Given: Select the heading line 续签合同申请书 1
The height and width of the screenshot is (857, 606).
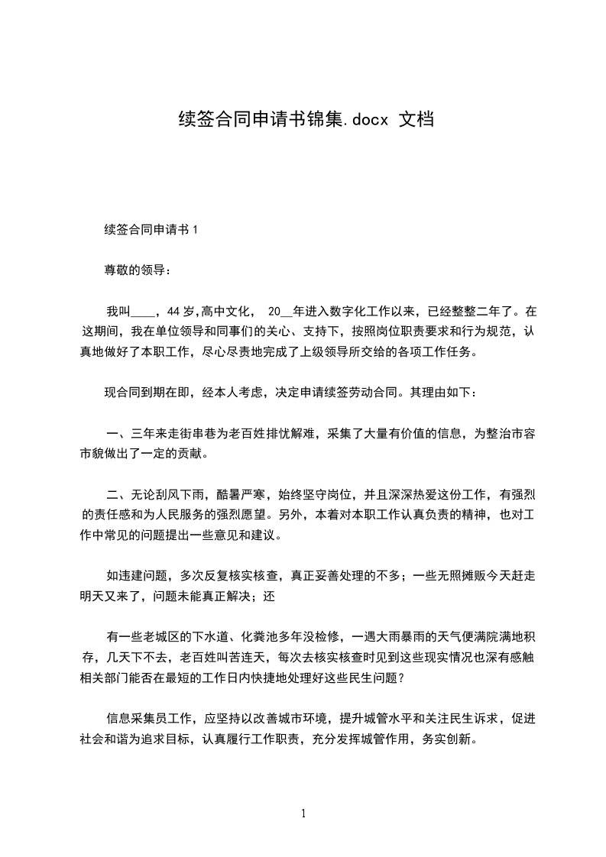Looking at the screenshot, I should tap(151, 229).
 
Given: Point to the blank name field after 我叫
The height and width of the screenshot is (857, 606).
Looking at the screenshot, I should tap(143, 312).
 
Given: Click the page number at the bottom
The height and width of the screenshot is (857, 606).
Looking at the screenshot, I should tap(303, 814).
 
